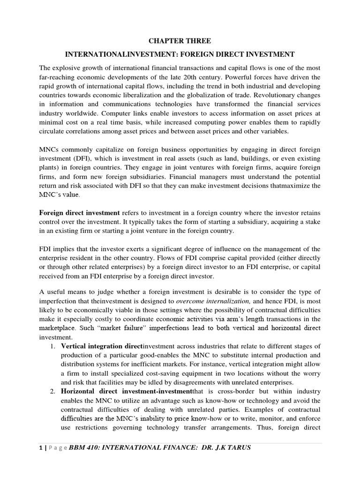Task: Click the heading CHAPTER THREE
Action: click(180, 41)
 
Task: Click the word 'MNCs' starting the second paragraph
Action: click(49, 150)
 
